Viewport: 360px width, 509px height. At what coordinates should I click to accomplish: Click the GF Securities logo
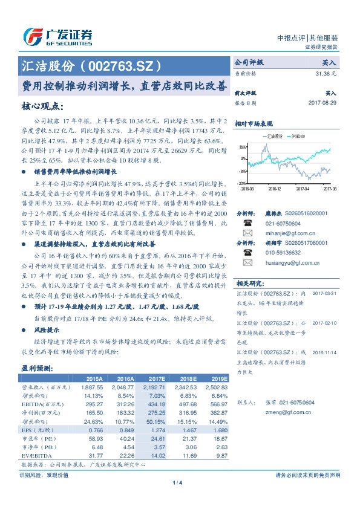pos(57,36)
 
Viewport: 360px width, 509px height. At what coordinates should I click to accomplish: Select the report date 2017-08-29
pos(322,103)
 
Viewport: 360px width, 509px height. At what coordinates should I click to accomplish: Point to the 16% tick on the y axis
pos(241,147)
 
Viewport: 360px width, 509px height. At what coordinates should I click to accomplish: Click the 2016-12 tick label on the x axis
pos(275,188)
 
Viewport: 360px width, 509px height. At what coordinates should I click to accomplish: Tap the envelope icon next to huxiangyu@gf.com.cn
pos(247,263)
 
